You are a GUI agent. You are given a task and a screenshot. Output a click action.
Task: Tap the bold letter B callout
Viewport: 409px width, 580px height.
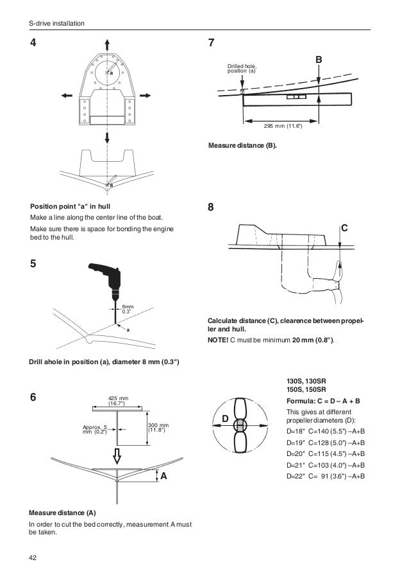(318, 60)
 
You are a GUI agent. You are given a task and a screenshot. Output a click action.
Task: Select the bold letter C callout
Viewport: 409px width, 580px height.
(344, 228)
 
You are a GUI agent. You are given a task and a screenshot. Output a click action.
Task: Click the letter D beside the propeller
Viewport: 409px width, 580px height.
(225, 419)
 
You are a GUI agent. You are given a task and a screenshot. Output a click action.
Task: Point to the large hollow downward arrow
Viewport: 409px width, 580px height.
(117, 455)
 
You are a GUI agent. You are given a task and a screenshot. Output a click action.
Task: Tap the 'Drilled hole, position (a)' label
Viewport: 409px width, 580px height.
(242, 68)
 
